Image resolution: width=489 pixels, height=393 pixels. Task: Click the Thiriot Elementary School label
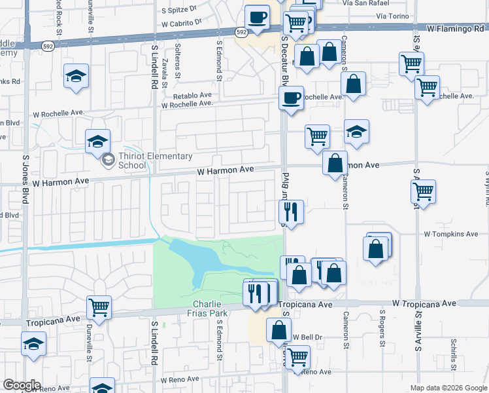(x=156, y=160)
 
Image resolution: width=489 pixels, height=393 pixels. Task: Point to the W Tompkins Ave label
(x=450, y=234)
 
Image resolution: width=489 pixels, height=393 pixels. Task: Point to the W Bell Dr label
(x=308, y=337)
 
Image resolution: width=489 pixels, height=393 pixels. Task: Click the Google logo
(x=22, y=385)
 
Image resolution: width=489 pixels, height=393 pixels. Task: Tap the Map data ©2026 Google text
(x=448, y=388)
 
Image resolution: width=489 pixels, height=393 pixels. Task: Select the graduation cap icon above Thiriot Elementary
(x=97, y=141)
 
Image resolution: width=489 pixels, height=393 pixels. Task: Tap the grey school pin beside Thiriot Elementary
(x=108, y=158)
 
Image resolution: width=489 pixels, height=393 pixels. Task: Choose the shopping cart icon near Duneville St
(x=99, y=306)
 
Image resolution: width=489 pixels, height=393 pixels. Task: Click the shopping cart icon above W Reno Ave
(x=297, y=357)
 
